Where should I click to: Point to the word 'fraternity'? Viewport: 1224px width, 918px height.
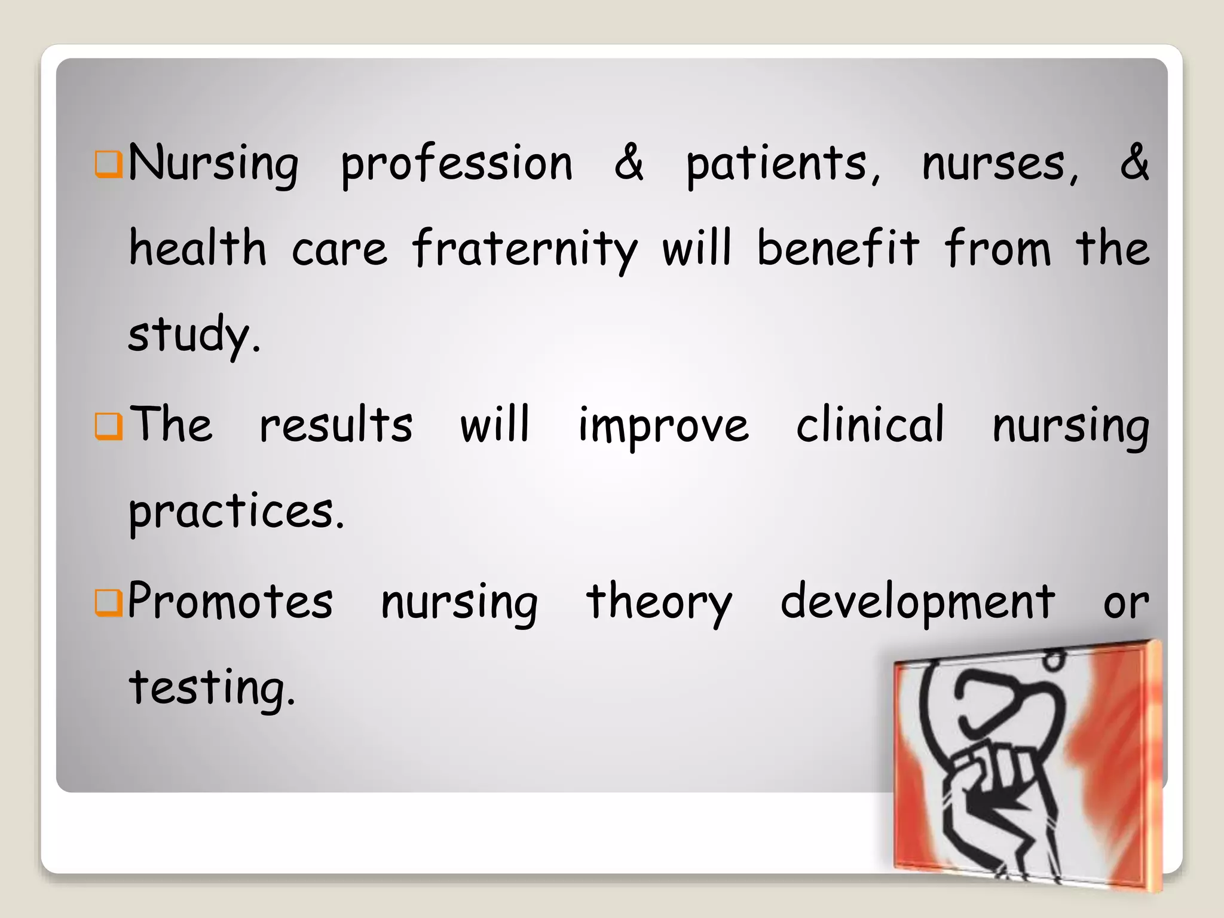click(x=525, y=249)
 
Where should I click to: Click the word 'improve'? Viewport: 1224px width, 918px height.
click(x=663, y=426)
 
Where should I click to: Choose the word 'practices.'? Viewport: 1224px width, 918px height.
click(x=237, y=512)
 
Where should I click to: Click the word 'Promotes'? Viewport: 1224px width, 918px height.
click(x=230, y=601)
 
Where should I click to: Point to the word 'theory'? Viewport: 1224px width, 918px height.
click(x=659, y=602)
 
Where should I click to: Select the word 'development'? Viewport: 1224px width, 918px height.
click(x=918, y=602)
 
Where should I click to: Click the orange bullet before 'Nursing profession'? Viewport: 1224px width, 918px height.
click(x=109, y=165)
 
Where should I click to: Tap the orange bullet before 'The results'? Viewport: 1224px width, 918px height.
click(x=109, y=426)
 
